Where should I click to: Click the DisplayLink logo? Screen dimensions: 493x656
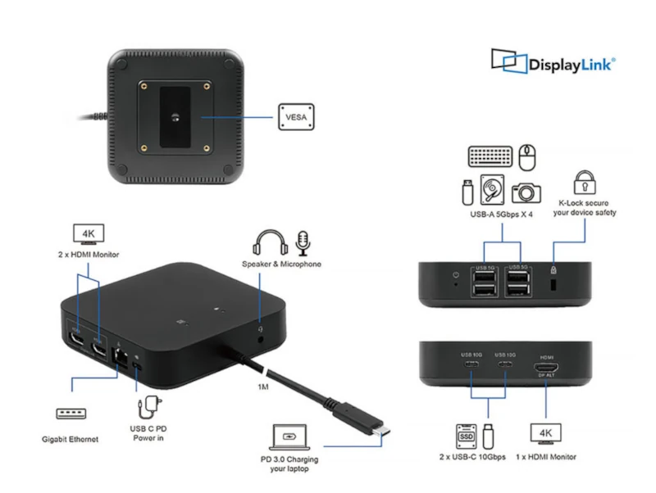click(553, 62)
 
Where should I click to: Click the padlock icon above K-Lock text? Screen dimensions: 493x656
click(584, 182)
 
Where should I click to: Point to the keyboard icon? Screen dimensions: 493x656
click(490, 156)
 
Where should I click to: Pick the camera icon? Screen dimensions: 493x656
click(526, 192)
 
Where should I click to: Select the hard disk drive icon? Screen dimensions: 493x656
click(492, 190)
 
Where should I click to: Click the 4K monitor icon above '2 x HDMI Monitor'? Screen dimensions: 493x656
click(89, 234)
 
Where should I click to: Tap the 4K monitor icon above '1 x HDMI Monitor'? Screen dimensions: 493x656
click(545, 433)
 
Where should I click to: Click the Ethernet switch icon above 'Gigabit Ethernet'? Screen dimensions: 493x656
click(71, 414)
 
